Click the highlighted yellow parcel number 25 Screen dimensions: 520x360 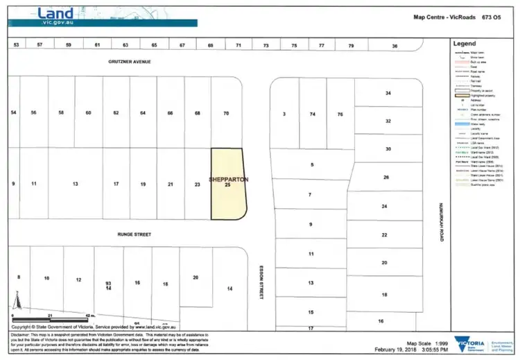227,186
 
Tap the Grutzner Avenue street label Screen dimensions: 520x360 129,62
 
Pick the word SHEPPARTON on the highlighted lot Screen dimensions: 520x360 227,179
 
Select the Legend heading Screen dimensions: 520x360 464,44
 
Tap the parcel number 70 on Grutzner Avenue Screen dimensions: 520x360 226,113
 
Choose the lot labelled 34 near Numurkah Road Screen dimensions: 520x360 388,93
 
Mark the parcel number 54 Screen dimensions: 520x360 12,113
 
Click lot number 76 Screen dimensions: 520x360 340,114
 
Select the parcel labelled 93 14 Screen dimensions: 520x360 108,285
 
